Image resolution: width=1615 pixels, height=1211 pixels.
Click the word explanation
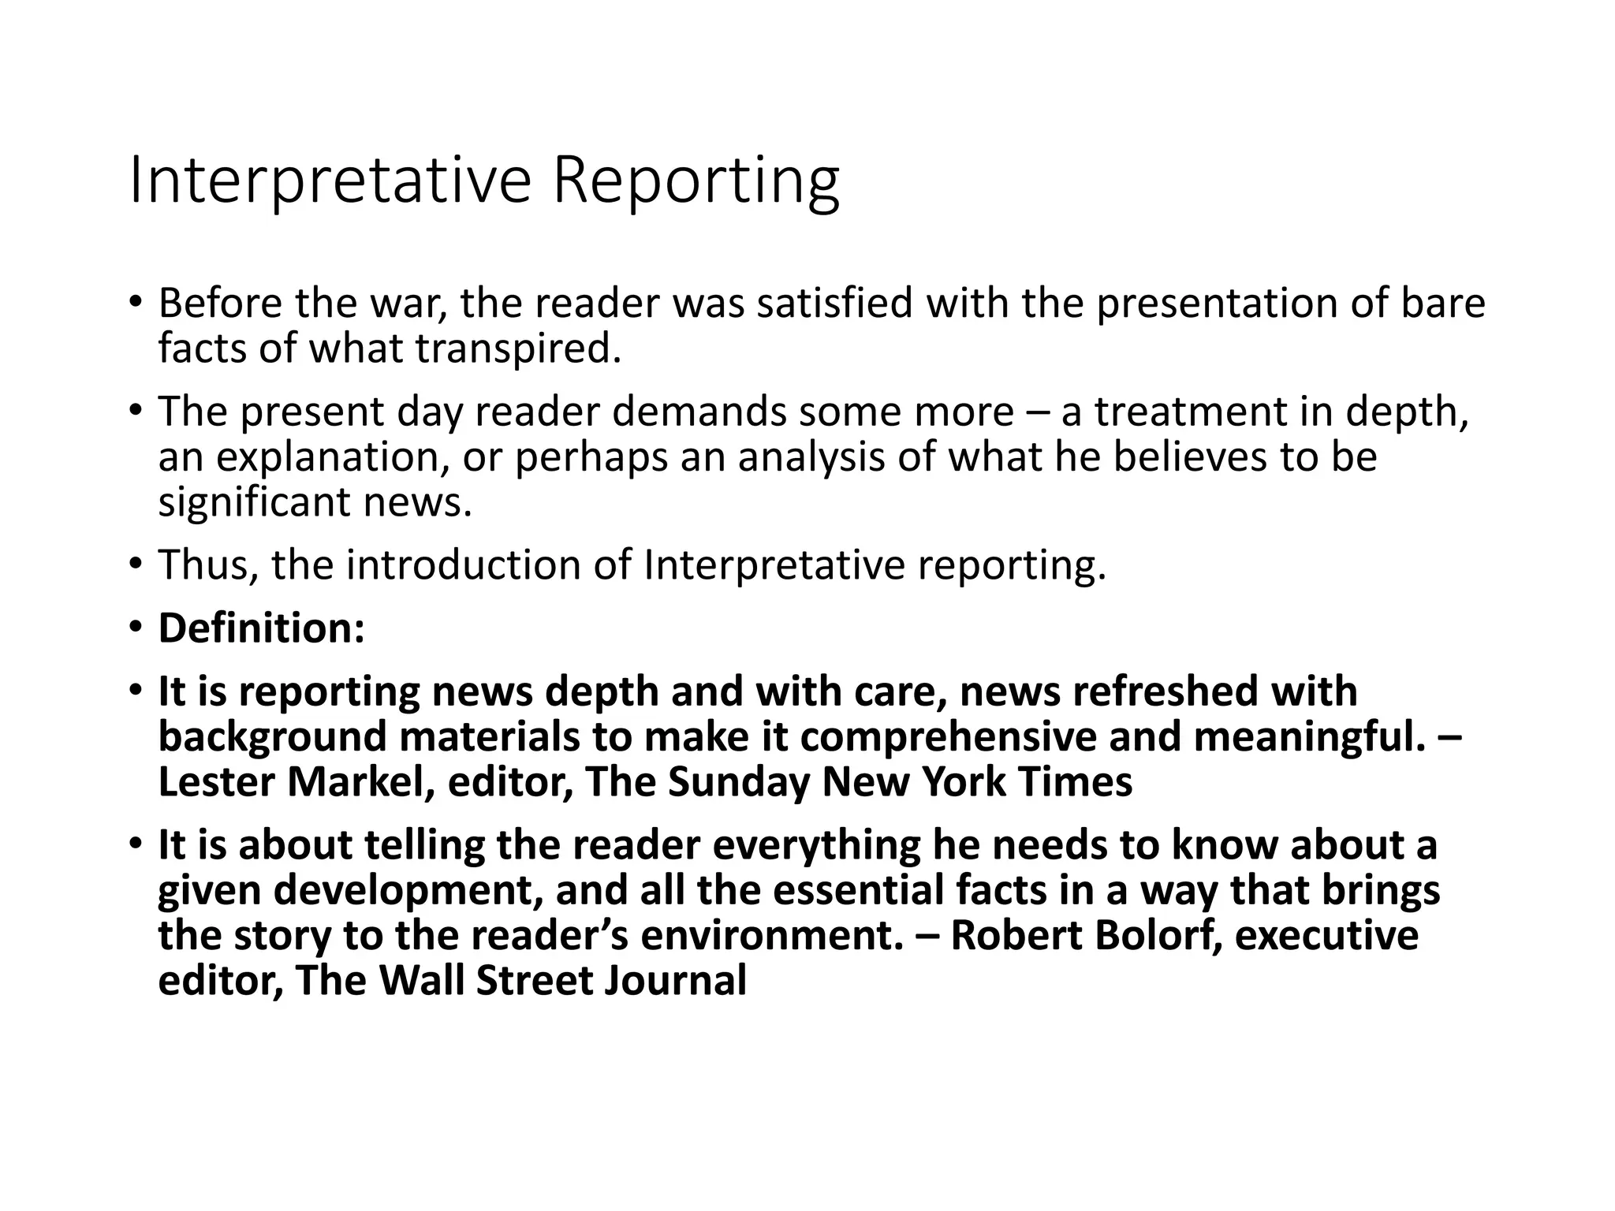(332, 457)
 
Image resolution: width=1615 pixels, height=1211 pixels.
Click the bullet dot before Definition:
(136, 627)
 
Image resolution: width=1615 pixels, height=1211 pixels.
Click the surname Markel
(360, 782)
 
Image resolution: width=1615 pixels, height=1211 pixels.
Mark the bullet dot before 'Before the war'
(136, 302)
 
